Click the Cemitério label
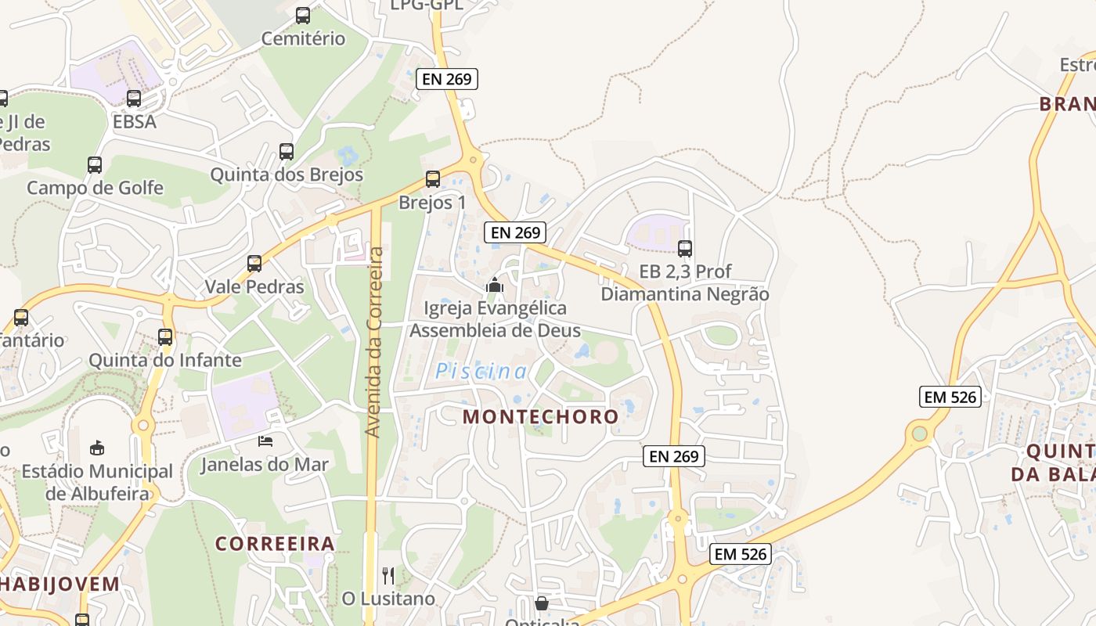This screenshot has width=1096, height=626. click(x=303, y=38)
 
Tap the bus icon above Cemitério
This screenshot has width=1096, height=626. click(x=303, y=16)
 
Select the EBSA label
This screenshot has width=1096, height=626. click(x=135, y=121)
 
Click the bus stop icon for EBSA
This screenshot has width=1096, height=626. click(x=134, y=99)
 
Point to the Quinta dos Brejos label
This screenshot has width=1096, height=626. click(x=287, y=174)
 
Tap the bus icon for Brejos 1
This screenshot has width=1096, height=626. click(x=433, y=179)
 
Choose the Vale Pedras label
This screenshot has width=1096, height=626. click(x=254, y=286)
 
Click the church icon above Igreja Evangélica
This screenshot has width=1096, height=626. click(x=494, y=286)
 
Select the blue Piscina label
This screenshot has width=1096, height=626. click(x=481, y=372)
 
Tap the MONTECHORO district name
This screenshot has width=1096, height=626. click(x=541, y=416)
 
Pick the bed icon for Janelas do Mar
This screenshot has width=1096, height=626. click(x=265, y=441)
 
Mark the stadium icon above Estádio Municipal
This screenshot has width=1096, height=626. click(x=97, y=448)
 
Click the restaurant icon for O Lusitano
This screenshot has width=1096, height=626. click(x=388, y=576)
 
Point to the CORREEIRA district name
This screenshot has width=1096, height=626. click(x=275, y=543)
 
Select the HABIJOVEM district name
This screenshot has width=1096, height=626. click(x=59, y=584)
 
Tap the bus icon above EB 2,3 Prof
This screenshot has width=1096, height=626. click(x=685, y=249)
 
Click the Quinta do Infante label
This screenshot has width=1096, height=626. click(x=165, y=361)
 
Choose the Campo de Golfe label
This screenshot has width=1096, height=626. click(x=95, y=188)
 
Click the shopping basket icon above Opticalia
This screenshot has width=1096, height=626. click(x=541, y=603)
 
